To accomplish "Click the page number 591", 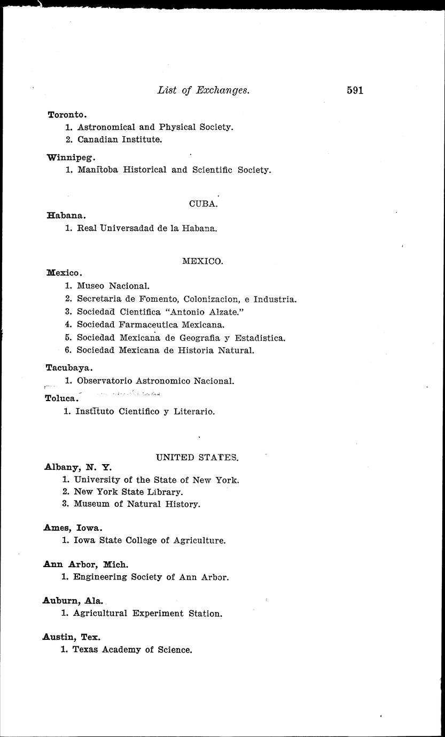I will [355, 90].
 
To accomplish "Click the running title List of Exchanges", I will [204, 90].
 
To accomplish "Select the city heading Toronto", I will [67, 115].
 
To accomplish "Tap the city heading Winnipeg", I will [71, 158].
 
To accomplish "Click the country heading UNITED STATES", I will [197, 457].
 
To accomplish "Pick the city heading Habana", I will [66, 216].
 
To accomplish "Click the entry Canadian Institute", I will [119, 140].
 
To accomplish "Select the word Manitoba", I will [97, 170].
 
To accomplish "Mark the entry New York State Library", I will [128, 492].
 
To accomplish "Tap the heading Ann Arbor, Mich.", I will [85, 564].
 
